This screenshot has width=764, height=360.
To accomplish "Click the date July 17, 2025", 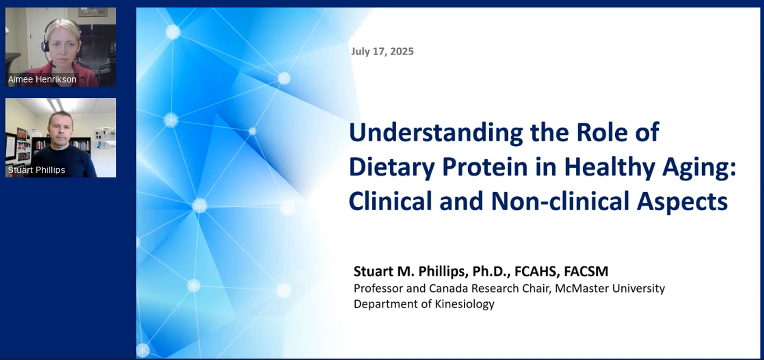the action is click(382, 51).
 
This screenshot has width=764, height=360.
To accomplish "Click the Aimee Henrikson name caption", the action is click(42, 79).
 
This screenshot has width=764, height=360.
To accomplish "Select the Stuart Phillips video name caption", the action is click(36, 170).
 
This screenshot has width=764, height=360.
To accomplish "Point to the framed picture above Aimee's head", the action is click(93, 12).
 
